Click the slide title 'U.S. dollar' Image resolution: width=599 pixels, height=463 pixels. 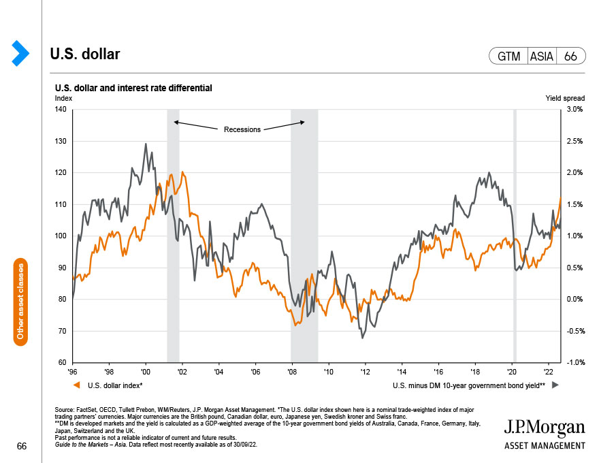click(85, 54)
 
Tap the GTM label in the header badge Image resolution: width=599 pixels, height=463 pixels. click(509, 57)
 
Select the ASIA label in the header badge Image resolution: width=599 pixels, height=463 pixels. click(542, 57)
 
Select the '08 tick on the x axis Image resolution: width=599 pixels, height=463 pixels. click(291, 372)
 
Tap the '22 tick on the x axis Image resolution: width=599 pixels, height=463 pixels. click(547, 372)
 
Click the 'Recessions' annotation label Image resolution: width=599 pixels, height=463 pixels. click(242, 129)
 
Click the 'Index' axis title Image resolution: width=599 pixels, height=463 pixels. click(63, 99)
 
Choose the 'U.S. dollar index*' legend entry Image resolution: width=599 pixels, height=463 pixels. click(115, 386)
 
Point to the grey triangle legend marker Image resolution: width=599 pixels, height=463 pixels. click(554, 386)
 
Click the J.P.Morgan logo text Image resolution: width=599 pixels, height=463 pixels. click(545, 428)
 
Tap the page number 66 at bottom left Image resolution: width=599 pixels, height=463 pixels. click(22, 446)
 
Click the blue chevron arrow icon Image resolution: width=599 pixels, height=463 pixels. click(21, 54)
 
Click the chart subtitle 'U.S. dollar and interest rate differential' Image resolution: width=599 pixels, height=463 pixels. click(133, 88)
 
